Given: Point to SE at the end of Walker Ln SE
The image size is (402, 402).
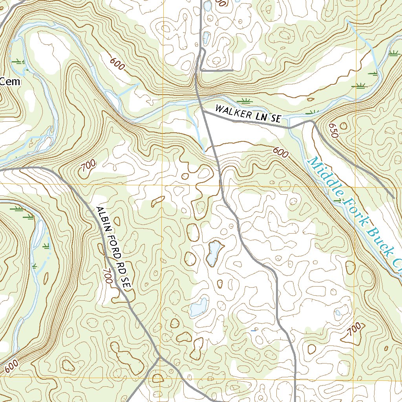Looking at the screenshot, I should pyautogui.click(x=276, y=119).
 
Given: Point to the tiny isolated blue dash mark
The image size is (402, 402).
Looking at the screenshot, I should pyautogui.click(x=253, y=331).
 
